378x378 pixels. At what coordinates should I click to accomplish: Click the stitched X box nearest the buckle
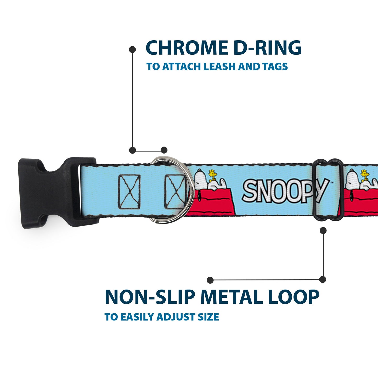(x=129, y=190)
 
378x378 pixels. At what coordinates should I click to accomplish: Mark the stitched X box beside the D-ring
(x=175, y=190)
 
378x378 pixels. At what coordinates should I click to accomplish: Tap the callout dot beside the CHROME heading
(x=132, y=49)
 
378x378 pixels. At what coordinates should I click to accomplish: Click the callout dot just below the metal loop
(x=323, y=230)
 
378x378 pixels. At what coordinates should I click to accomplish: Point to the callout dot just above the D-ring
(x=164, y=150)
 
